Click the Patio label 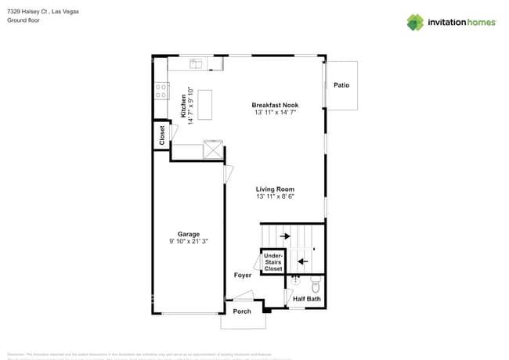click(x=341, y=85)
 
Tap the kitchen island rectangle click(x=205, y=105)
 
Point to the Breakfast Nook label click(x=275, y=105)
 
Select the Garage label click(x=188, y=234)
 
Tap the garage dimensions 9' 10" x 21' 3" click(x=188, y=242)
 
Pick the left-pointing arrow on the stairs click(x=301, y=261)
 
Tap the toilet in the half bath click(x=316, y=281)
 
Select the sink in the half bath click(x=295, y=279)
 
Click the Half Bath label click(x=306, y=299)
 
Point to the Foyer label click(x=243, y=275)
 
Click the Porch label click(x=242, y=311)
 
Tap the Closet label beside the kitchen click(x=162, y=135)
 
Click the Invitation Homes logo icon click(x=415, y=22)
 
